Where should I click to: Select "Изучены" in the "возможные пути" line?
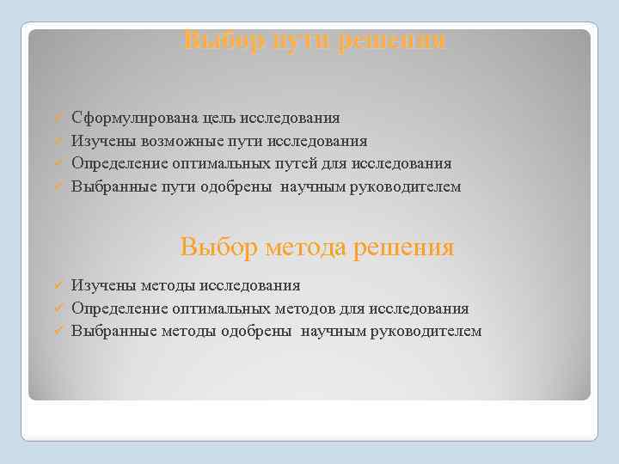click(x=98, y=141)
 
